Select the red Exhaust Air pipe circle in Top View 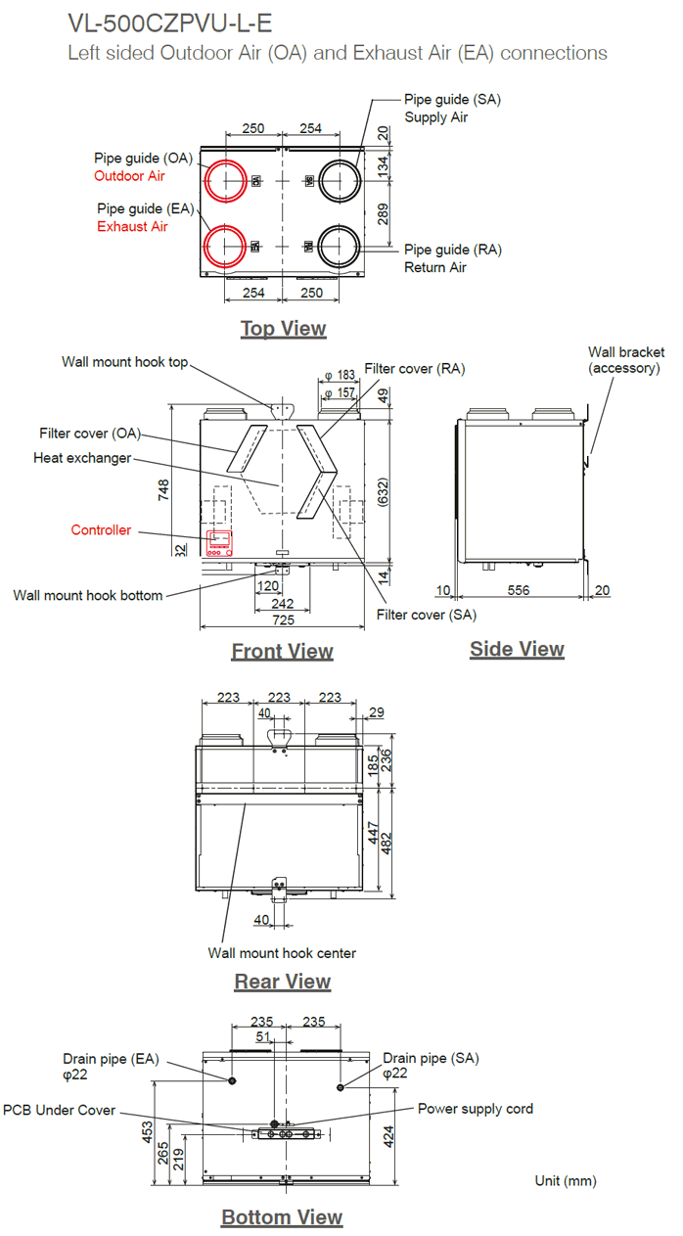[x=224, y=246]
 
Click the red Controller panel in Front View [x=219, y=543]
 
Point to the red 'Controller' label [x=101, y=530]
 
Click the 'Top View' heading [x=283, y=329]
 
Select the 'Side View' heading [x=517, y=649]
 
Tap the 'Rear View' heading [x=283, y=982]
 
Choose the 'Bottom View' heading [x=282, y=1217]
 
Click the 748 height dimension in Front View [x=163, y=489]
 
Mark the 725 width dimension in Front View [x=282, y=620]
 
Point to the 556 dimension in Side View [x=519, y=590]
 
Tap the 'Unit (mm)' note [x=565, y=1181]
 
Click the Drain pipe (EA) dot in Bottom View [x=231, y=1080]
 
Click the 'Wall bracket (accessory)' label [x=625, y=360]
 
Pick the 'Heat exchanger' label [x=82, y=458]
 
